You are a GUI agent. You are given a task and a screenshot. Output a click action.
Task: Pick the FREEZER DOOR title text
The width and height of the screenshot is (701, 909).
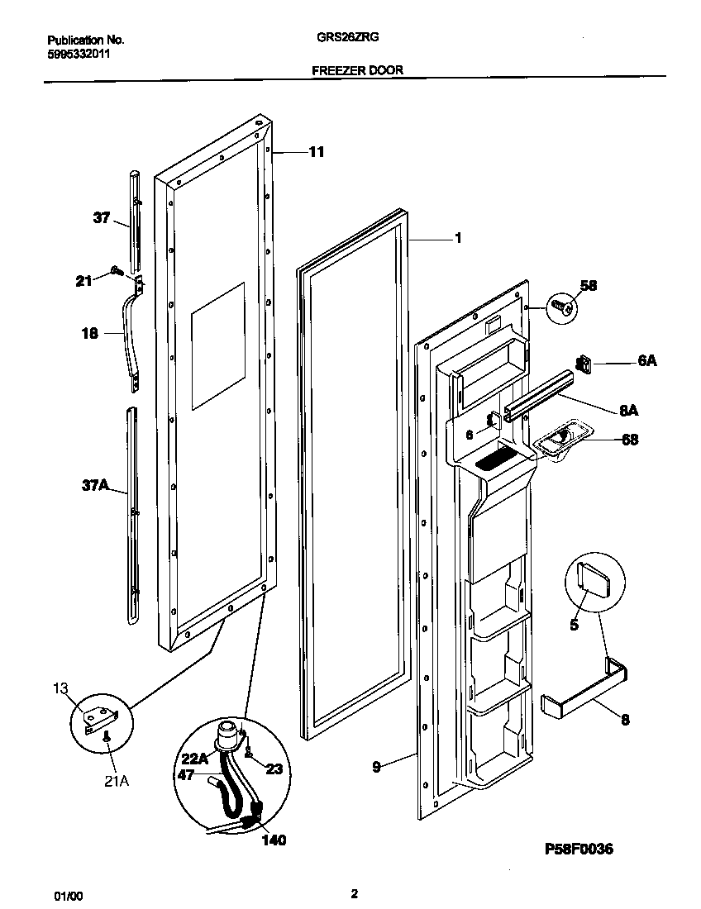[357, 70]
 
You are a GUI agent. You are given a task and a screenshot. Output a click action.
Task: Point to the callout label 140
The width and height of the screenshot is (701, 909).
[274, 840]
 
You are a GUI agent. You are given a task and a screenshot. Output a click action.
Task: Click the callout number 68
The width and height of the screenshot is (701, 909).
[629, 440]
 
